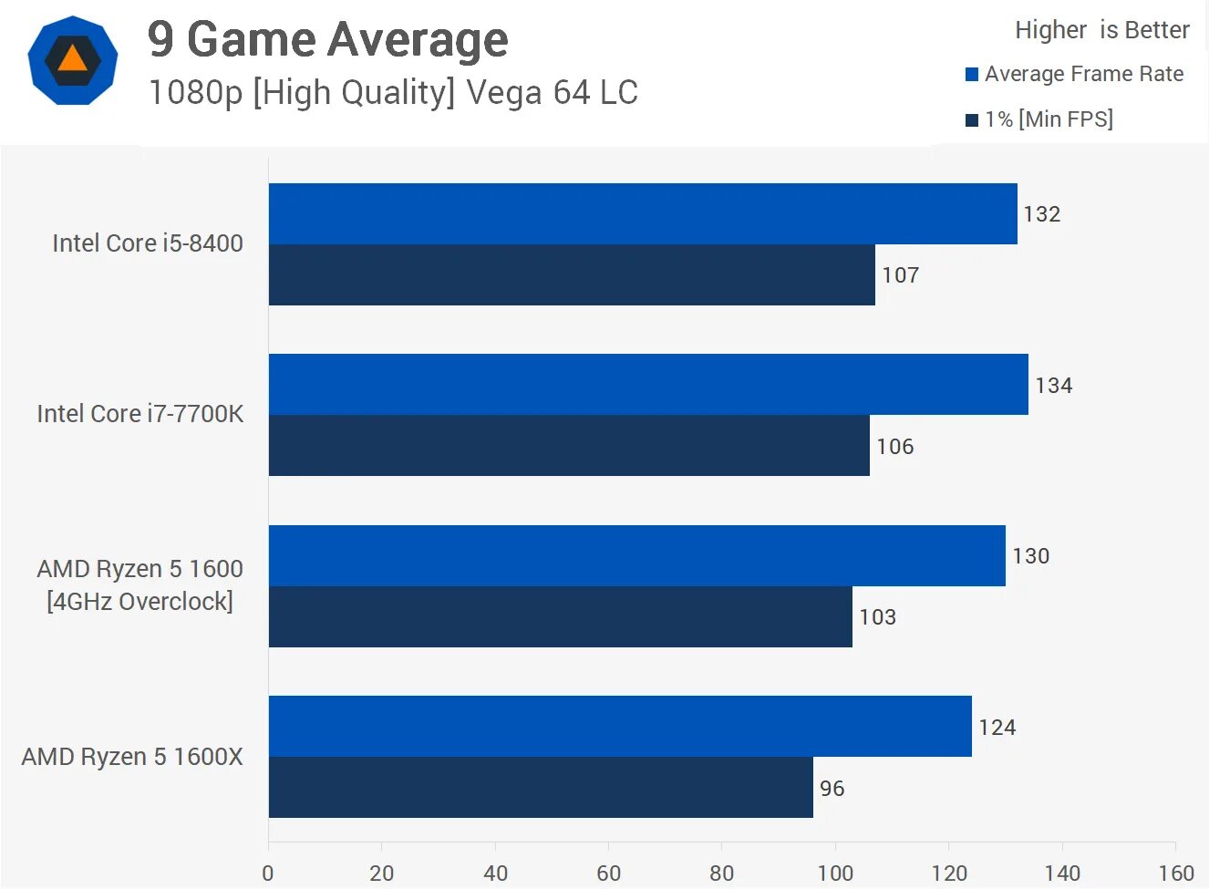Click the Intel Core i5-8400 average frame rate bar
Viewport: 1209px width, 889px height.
[x=643, y=213]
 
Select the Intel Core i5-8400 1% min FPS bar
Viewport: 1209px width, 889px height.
[x=572, y=274]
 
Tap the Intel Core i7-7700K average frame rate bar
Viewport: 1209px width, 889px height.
[x=648, y=384]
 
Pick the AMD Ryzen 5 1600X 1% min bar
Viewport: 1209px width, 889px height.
[x=541, y=787]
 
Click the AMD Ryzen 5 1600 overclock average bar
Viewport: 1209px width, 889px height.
[x=636, y=555]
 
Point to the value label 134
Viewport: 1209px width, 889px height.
[x=1053, y=385]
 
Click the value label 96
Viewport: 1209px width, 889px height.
[x=832, y=788]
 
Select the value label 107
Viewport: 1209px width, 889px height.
[x=900, y=274]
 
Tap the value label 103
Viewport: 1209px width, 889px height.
[x=877, y=617]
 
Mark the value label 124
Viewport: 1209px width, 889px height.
[x=997, y=727]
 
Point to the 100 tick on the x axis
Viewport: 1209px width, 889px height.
[x=835, y=873]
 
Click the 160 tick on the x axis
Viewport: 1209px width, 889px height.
[x=1175, y=873]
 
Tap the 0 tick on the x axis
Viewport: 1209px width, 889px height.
[x=268, y=873]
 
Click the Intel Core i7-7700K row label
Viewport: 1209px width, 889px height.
[x=140, y=414]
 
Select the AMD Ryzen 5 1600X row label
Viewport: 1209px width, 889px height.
[x=132, y=757]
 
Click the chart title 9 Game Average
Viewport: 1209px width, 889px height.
[x=327, y=39]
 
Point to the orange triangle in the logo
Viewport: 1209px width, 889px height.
[x=73, y=59]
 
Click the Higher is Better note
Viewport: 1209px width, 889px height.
[x=1101, y=30]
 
